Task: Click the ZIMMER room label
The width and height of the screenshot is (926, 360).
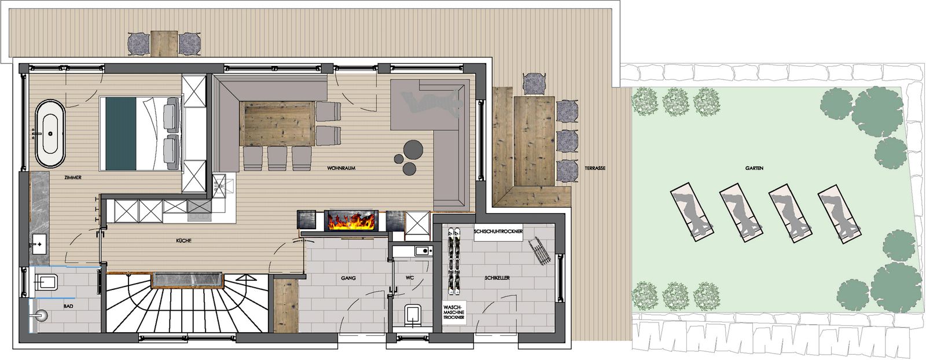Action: coord(73,177)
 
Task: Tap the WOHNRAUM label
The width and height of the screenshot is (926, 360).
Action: coord(341,168)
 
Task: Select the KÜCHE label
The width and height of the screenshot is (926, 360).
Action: coord(183,241)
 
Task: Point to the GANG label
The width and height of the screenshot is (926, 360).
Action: coord(348,278)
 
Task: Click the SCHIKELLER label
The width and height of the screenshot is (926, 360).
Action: coord(497,278)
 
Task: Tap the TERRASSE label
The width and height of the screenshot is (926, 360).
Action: coord(595,168)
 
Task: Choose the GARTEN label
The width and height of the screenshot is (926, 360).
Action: coord(755,168)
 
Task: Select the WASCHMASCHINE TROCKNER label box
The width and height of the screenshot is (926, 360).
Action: coord(454,311)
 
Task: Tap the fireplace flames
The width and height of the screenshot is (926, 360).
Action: coord(351,221)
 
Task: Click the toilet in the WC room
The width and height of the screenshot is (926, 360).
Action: coord(413,315)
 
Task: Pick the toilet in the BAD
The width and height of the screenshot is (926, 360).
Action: coord(46,282)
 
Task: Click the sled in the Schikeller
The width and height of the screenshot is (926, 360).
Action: coord(539,251)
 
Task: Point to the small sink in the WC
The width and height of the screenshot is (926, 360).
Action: coord(423,251)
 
